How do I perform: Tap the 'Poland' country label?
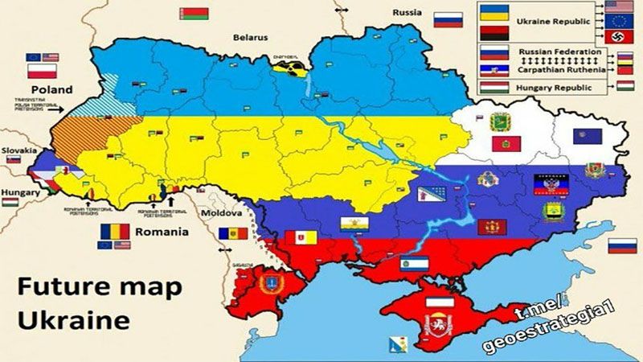click(51, 89)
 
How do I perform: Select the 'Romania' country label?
click(162, 232)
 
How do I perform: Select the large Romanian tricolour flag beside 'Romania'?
click(115, 232)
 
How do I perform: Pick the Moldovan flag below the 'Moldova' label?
click(228, 232)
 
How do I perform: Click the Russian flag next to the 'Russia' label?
click(448, 19)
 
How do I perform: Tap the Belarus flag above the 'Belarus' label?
click(195, 14)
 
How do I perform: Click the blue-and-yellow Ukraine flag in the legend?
click(493, 12)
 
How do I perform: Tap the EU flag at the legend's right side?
click(620, 20)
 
